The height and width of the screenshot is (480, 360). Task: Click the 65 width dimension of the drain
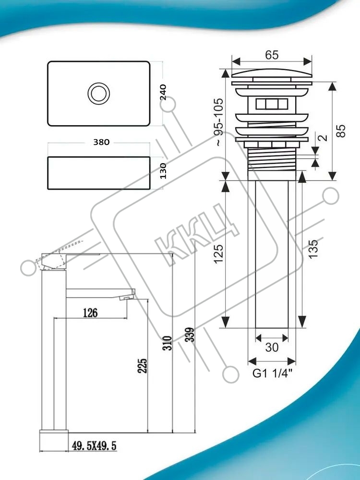click(x=272, y=55)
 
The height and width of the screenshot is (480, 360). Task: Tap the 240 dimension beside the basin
click(x=163, y=92)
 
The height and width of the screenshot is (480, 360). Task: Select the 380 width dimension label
click(x=101, y=142)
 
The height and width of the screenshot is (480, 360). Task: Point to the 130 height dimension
click(x=163, y=171)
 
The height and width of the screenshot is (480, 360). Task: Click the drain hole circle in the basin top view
click(x=98, y=92)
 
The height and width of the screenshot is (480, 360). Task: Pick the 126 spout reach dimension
click(x=90, y=313)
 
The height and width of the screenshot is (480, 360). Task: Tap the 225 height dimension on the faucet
click(x=143, y=365)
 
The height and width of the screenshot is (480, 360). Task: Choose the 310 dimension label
click(x=168, y=343)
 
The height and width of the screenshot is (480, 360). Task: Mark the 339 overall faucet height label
click(x=190, y=335)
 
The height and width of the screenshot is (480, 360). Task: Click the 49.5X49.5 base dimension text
click(x=94, y=446)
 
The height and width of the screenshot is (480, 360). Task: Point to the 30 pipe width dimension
click(x=272, y=348)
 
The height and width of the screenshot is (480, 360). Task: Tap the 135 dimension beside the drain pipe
click(x=313, y=249)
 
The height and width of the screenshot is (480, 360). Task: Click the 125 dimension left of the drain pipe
click(x=218, y=253)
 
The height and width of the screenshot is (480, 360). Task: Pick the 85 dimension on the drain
click(x=341, y=131)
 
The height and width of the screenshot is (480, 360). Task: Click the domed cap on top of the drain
click(x=272, y=73)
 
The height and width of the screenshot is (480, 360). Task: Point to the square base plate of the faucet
click(x=54, y=440)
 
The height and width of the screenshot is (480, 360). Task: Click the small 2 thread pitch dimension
click(x=323, y=137)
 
